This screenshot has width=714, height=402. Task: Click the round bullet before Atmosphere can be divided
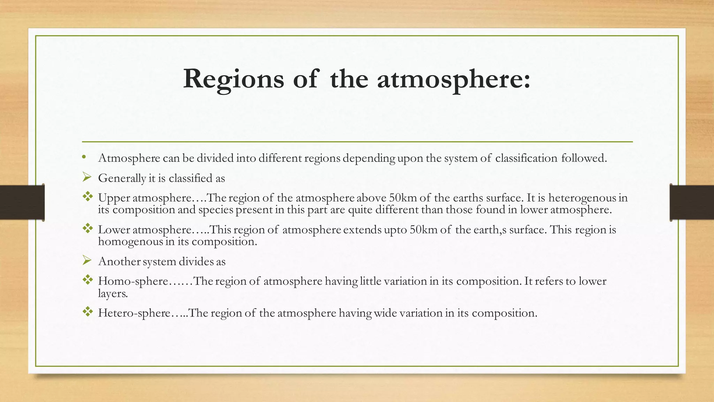click(84, 157)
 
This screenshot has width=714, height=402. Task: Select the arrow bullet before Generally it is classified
click(87, 178)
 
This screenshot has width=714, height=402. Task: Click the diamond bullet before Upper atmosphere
click(88, 197)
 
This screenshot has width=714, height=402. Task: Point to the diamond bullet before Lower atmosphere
click(88, 229)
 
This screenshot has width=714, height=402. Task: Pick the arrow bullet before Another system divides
click(87, 260)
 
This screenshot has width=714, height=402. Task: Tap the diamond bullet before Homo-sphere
click(88, 280)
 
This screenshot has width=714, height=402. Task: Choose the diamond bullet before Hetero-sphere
click(88, 312)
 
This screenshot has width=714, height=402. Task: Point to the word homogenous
click(130, 241)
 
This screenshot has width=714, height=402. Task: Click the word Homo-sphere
click(133, 281)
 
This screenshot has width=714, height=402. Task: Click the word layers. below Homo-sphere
click(113, 293)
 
